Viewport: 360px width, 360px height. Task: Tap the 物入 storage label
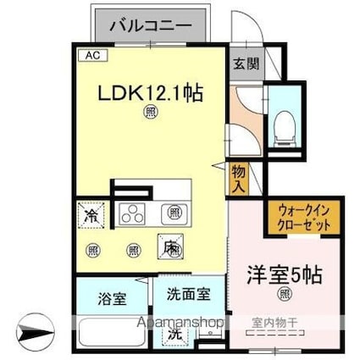pyautogui.click(x=240, y=178)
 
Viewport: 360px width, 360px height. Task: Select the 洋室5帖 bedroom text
pyautogui.click(x=285, y=275)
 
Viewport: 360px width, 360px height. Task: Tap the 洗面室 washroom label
pyautogui.click(x=188, y=296)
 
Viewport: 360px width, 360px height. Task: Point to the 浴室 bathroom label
pyautogui.click(x=112, y=298)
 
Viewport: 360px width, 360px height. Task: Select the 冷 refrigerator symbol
pyautogui.click(x=90, y=215)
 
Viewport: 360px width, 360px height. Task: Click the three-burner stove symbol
pyautogui.click(x=133, y=213)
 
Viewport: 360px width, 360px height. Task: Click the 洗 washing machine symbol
pyautogui.click(x=174, y=334)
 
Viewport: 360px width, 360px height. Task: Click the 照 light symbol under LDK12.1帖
pyautogui.click(x=150, y=110)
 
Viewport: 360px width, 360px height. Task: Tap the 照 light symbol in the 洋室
pyautogui.click(x=285, y=295)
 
